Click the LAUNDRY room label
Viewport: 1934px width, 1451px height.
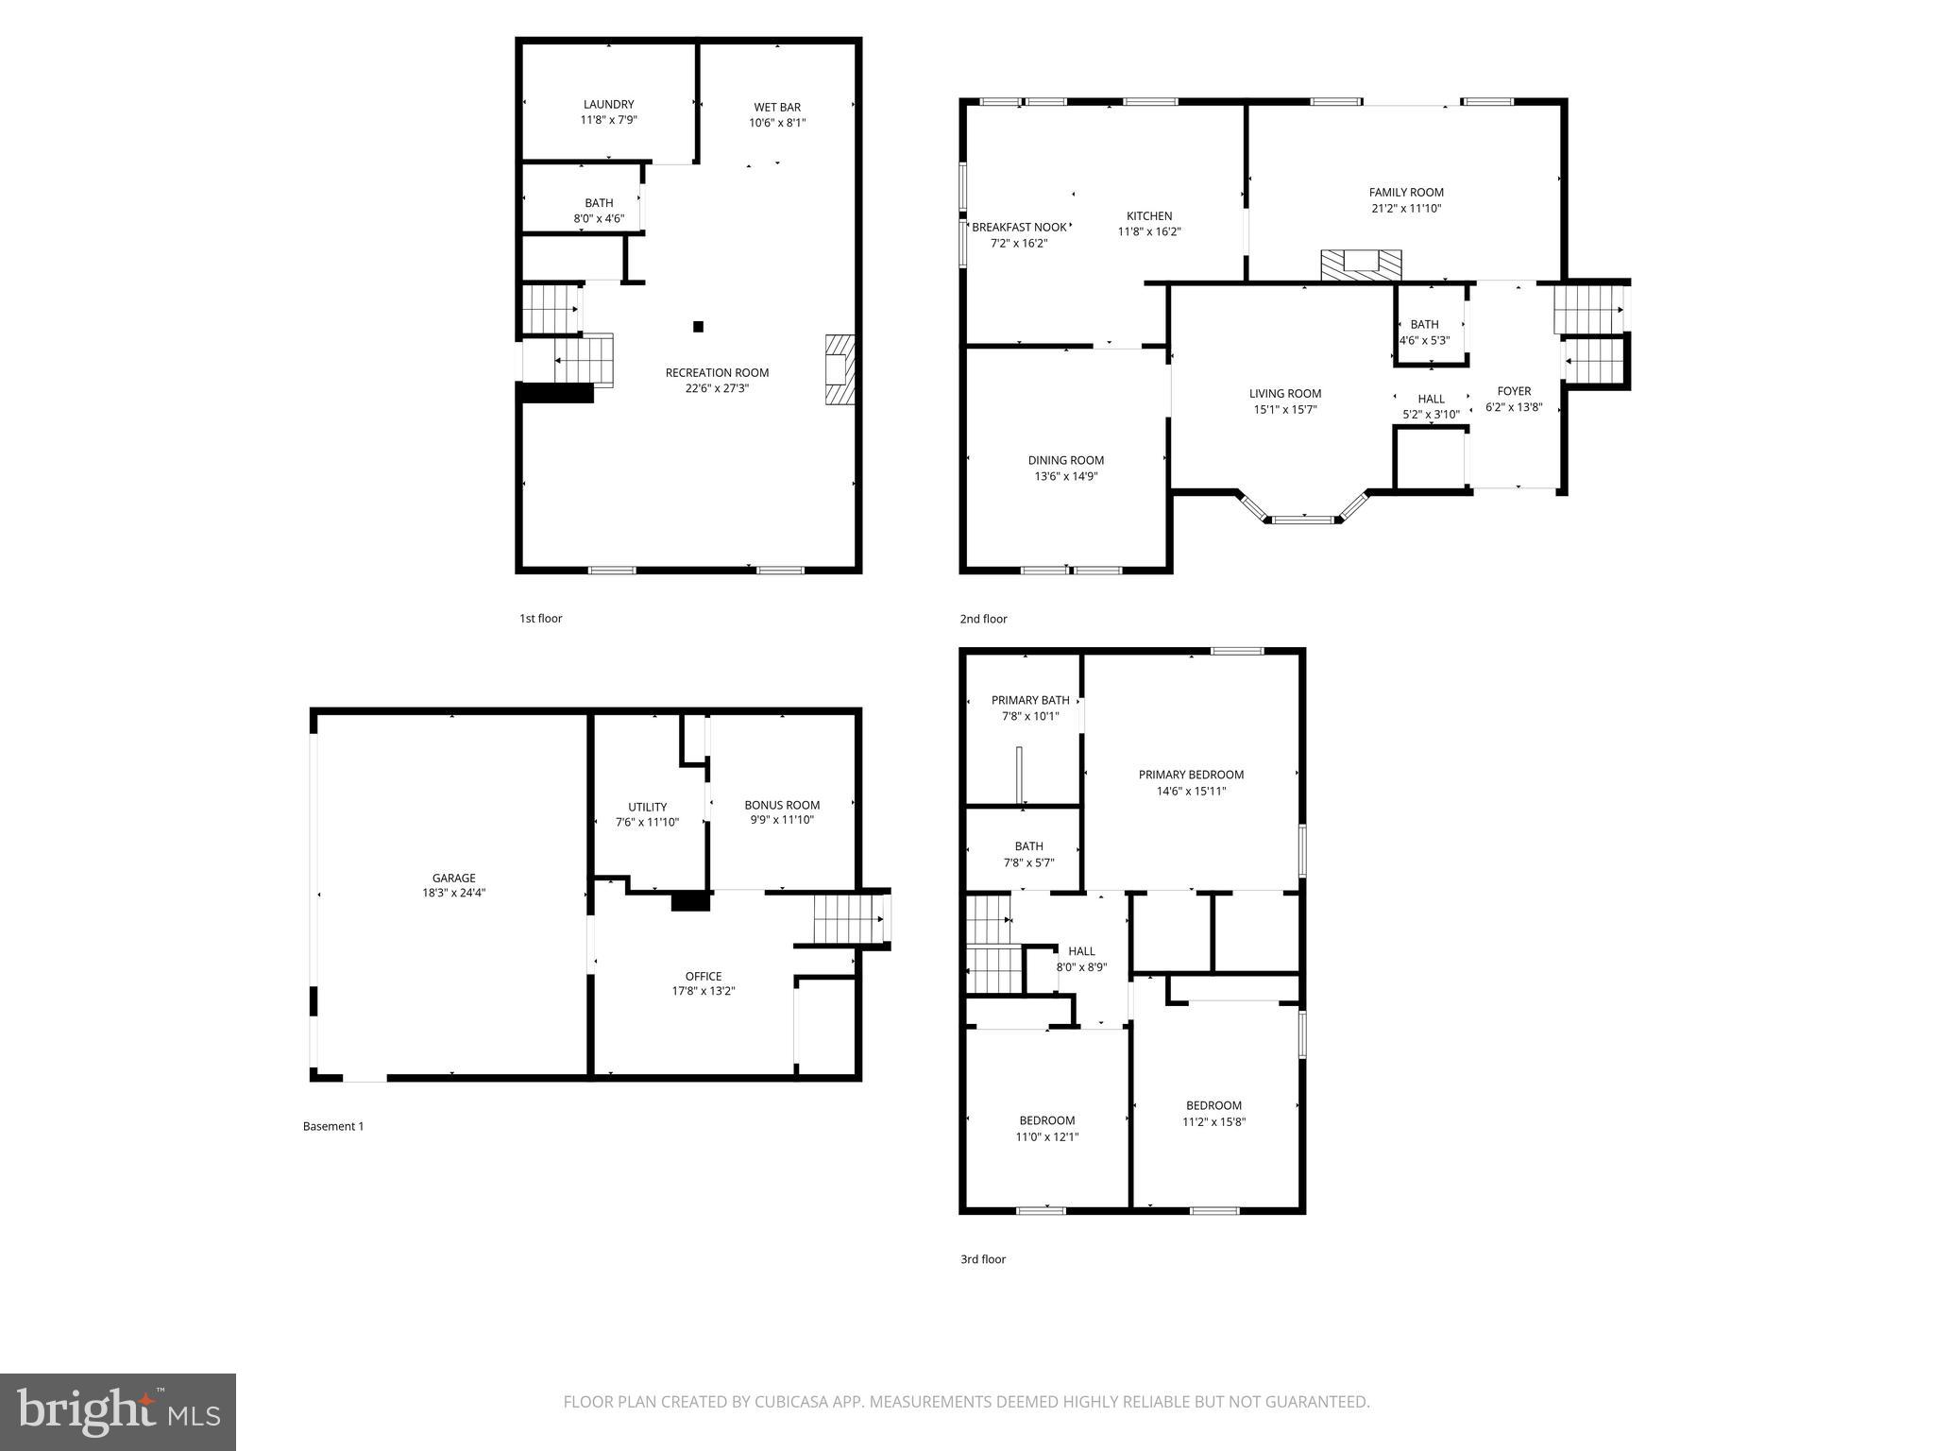tap(608, 105)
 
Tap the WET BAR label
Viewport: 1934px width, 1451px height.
tap(777, 108)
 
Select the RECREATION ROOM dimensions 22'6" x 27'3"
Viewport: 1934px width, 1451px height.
tap(717, 388)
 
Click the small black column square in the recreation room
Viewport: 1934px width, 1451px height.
tap(699, 327)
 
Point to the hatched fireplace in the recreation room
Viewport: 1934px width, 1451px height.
tap(840, 369)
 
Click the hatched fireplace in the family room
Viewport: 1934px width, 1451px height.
tap(1361, 265)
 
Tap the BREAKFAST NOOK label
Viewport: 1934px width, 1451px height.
tap(1019, 228)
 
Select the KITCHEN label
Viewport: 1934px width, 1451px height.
tap(1149, 216)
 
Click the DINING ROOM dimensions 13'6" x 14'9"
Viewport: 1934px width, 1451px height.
tap(1066, 476)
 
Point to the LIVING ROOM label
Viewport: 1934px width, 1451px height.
tap(1285, 394)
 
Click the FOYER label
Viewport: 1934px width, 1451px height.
tap(1514, 391)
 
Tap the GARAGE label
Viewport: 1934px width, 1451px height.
tap(454, 878)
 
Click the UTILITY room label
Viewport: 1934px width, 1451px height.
tap(648, 807)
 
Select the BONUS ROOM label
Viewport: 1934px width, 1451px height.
tap(782, 805)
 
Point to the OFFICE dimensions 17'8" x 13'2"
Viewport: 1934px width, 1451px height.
tap(704, 992)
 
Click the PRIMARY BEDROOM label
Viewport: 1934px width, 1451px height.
tap(1191, 775)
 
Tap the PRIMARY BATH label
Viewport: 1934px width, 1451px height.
tap(1030, 700)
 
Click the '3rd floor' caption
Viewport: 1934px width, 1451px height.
tap(983, 1259)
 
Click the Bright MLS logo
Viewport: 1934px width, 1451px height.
tap(118, 1411)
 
